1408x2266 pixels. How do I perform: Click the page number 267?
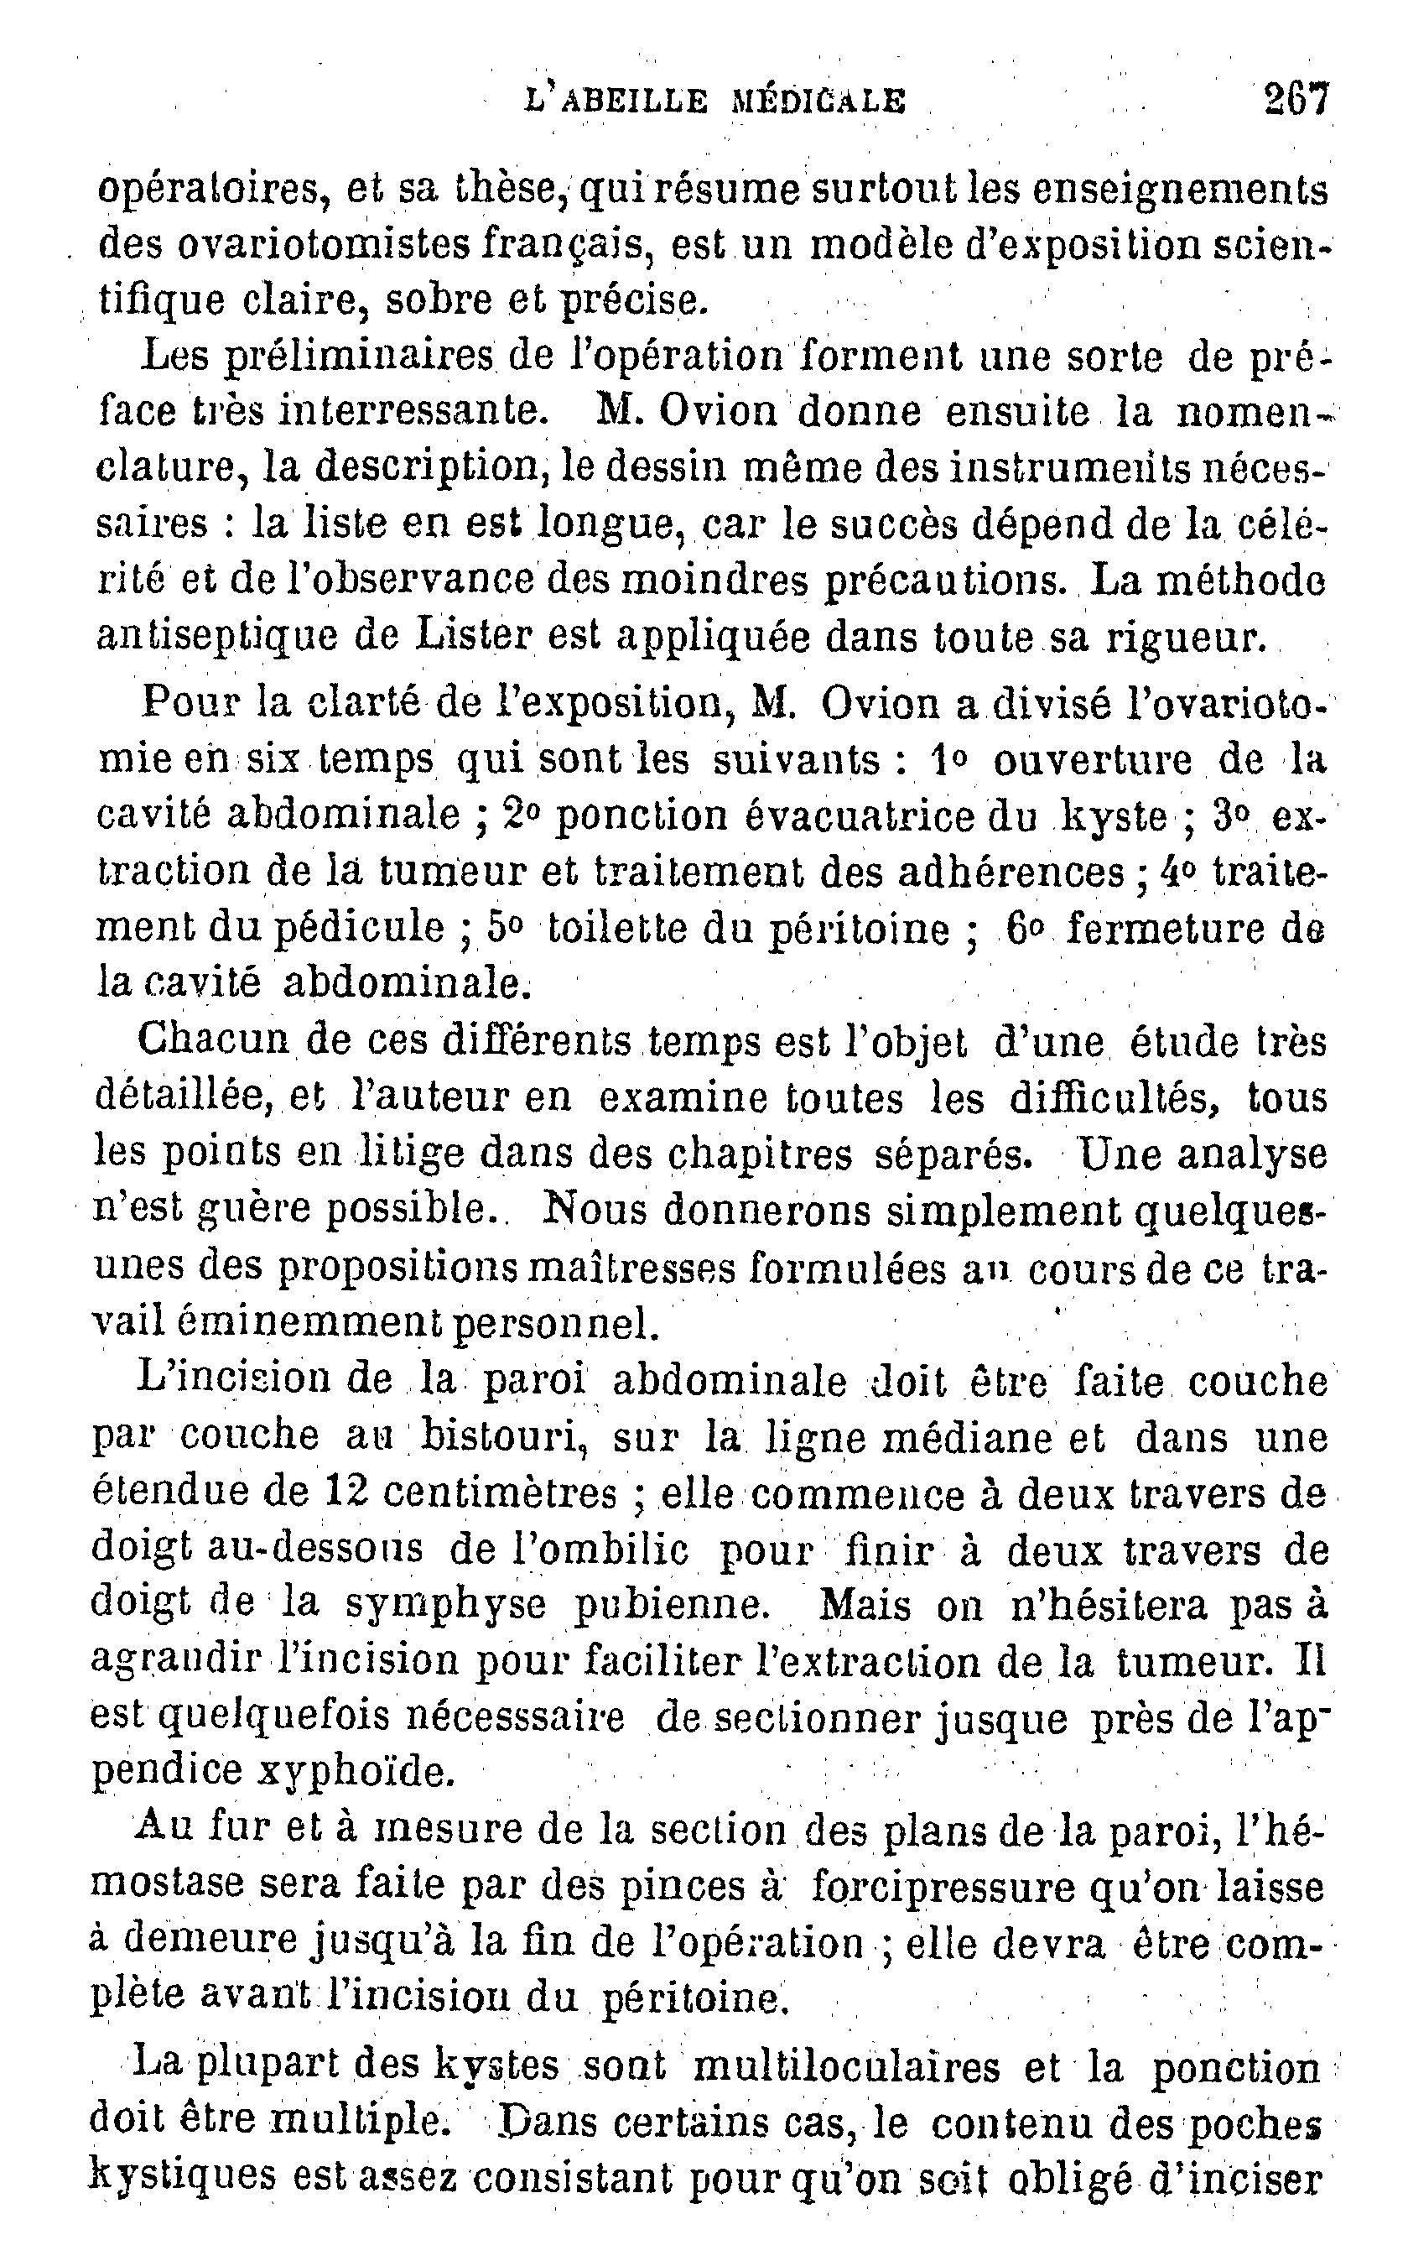1296,99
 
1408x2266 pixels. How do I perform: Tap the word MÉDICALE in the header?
818,101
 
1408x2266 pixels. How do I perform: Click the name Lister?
474,636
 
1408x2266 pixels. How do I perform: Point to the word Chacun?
210,1040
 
